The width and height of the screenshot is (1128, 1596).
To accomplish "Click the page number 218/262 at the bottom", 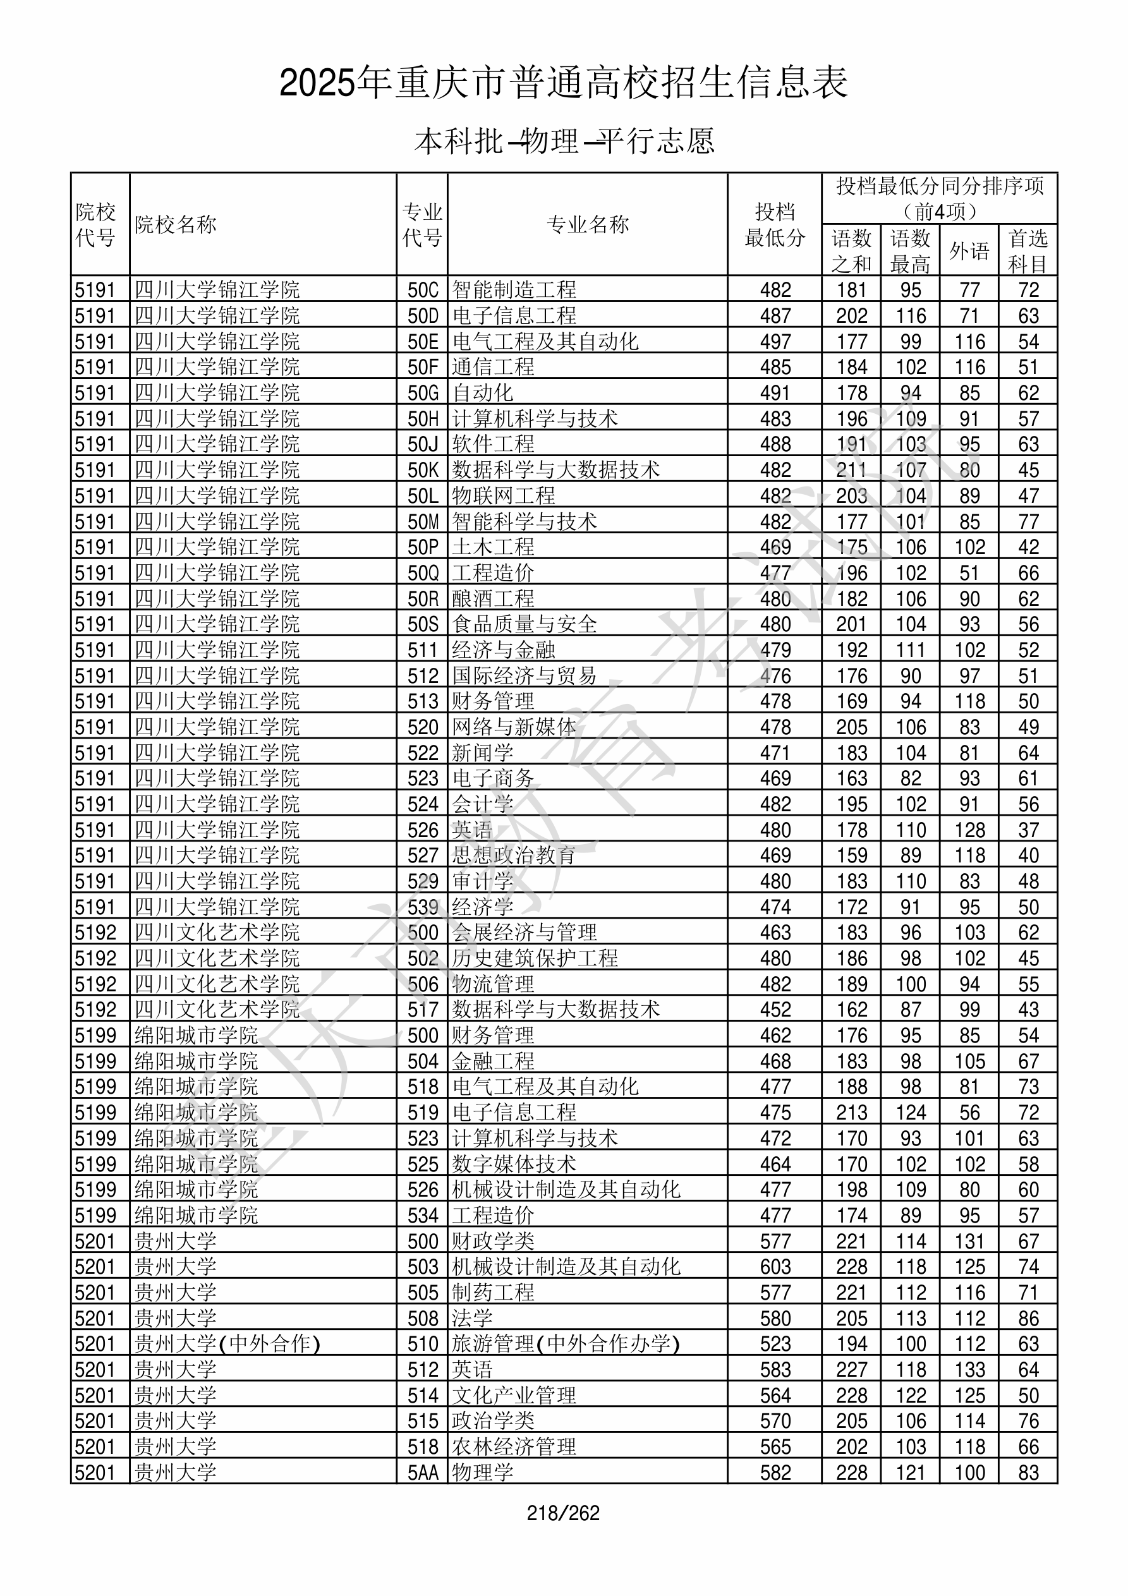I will [563, 1513].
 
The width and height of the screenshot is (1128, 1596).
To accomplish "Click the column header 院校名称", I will [176, 224].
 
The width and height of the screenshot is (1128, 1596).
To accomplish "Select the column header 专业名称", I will [588, 224].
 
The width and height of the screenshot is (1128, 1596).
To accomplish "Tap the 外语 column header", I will [969, 251].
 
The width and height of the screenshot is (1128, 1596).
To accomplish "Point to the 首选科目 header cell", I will [1028, 251].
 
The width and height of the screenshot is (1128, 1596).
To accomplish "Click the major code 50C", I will [423, 290].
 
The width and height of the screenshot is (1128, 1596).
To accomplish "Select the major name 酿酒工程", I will [493, 598].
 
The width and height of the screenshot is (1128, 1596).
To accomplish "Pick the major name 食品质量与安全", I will [525, 624].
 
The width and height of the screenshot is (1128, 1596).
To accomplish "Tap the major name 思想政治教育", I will [514, 855].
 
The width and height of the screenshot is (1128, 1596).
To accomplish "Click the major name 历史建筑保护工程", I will [535, 958].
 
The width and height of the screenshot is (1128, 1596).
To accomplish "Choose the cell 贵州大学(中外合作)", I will [227, 1344].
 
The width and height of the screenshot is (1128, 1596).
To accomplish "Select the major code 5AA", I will [423, 1472].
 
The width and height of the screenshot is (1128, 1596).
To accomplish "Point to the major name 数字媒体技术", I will [514, 1164].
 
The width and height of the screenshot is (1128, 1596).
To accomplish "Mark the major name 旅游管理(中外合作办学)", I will [566, 1344].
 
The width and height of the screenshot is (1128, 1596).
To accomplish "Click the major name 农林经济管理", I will [514, 1446].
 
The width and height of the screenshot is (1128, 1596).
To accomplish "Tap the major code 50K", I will [423, 470].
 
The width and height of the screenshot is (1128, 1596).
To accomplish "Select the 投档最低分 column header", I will [775, 224].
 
